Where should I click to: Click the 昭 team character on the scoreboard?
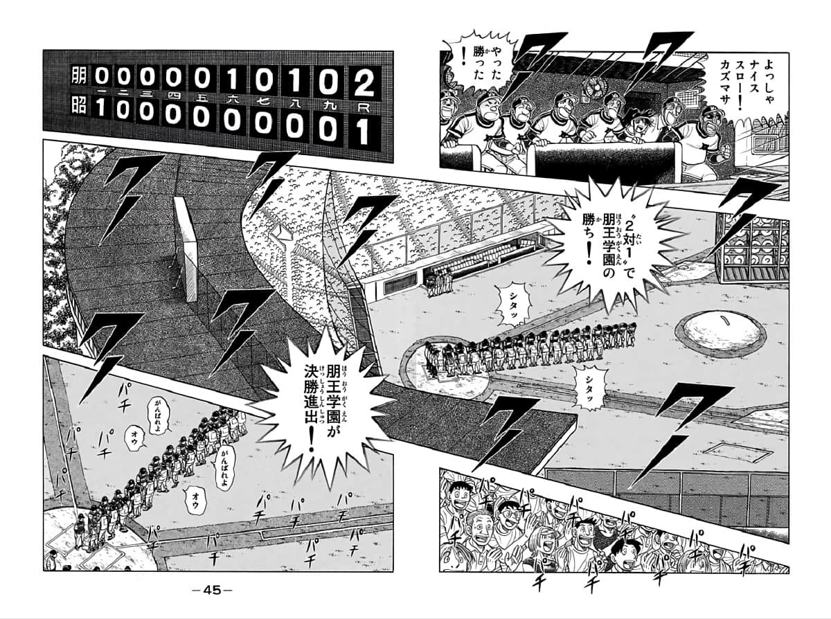78,109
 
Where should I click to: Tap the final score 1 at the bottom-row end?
360,132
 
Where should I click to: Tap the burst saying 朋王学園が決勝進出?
323,400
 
